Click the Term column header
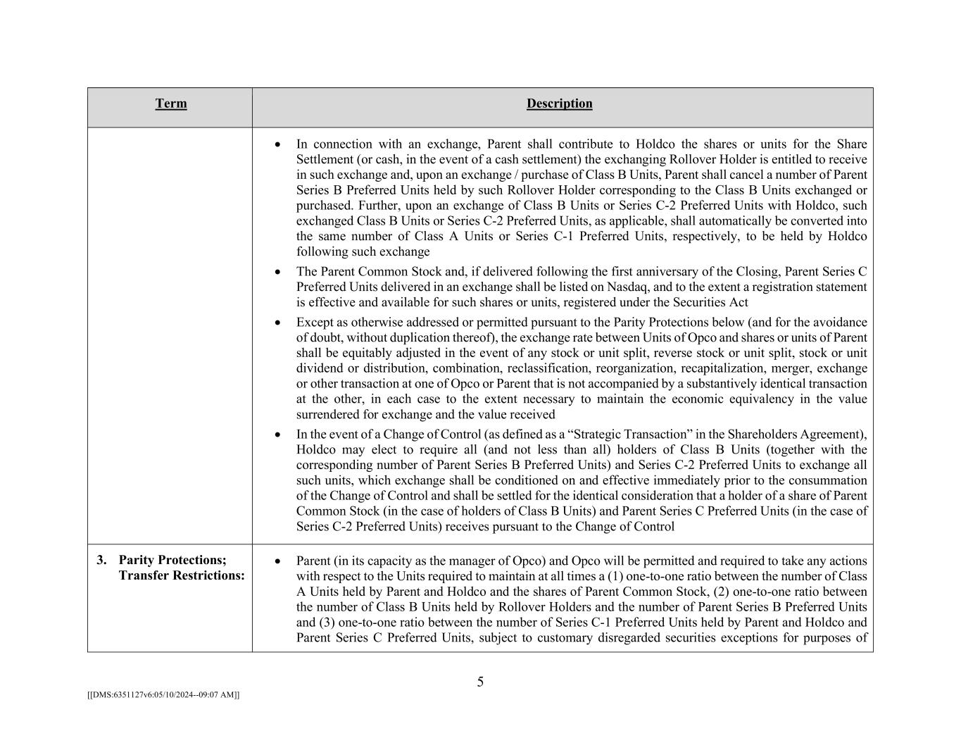pyautogui.click(x=171, y=104)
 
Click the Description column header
pyautogui.click(x=559, y=104)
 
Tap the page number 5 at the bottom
pyautogui.click(x=480, y=682)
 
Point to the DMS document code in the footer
pyautogui.click(x=163, y=695)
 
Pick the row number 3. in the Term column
pyautogui.click(x=102, y=561)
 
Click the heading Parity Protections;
pyautogui.click(x=172, y=561)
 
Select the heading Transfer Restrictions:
pyautogui.click(x=182, y=576)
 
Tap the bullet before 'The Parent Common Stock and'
pyautogui.click(x=278, y=272)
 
